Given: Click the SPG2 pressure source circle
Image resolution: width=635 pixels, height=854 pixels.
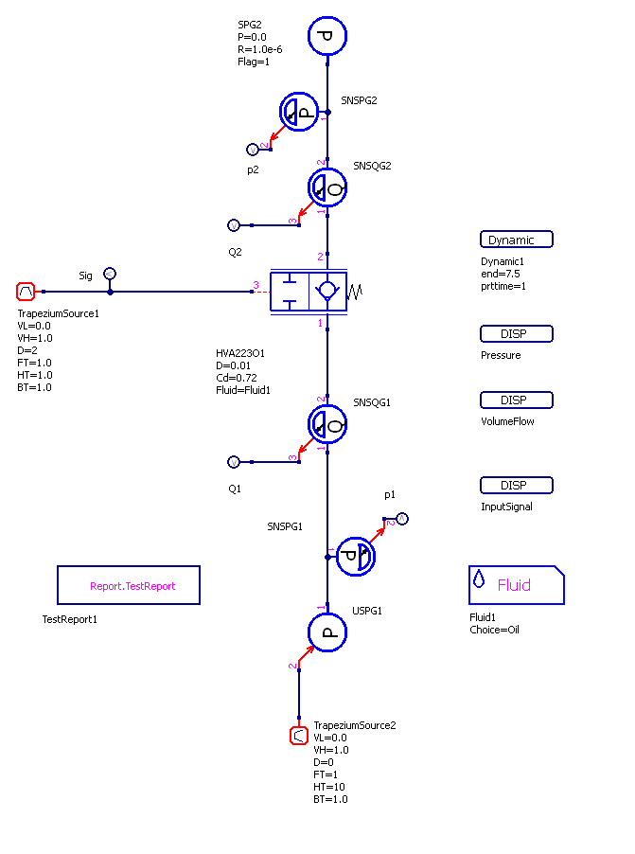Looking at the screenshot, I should click(x=327, y=36).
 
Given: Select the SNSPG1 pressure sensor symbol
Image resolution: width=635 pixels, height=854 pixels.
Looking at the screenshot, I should click(x=356, y=557).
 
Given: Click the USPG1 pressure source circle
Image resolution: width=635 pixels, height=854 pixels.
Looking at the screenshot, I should click(x=327, y=632).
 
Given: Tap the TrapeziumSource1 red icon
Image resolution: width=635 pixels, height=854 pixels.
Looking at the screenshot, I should click(x=26, y=292).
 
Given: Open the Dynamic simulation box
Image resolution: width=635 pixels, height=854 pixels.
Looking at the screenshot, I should click(x=516, y=240).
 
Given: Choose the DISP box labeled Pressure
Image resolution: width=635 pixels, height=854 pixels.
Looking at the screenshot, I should click(x=516, y=333).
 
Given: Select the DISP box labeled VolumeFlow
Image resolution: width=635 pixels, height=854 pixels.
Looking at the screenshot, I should click(x=516, y=400).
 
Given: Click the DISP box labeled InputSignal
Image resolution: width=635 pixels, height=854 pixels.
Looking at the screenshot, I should click(x=516, y=485).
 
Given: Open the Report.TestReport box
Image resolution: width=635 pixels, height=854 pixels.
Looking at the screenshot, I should click(x=129, y=585).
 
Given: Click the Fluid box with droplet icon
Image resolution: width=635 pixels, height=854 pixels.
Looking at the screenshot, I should click(x=516, y=585).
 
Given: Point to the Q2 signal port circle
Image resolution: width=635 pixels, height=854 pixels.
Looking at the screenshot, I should click(x=234, y=225).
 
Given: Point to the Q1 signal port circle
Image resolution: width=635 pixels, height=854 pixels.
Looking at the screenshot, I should click(x=234, y=462).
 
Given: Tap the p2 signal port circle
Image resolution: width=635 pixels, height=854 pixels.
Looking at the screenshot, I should click(x=253, y=149).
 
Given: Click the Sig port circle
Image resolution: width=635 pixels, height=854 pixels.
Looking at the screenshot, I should click(x=110, y=274).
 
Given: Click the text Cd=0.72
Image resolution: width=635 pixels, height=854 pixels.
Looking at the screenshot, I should click(x=237, y=377).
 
